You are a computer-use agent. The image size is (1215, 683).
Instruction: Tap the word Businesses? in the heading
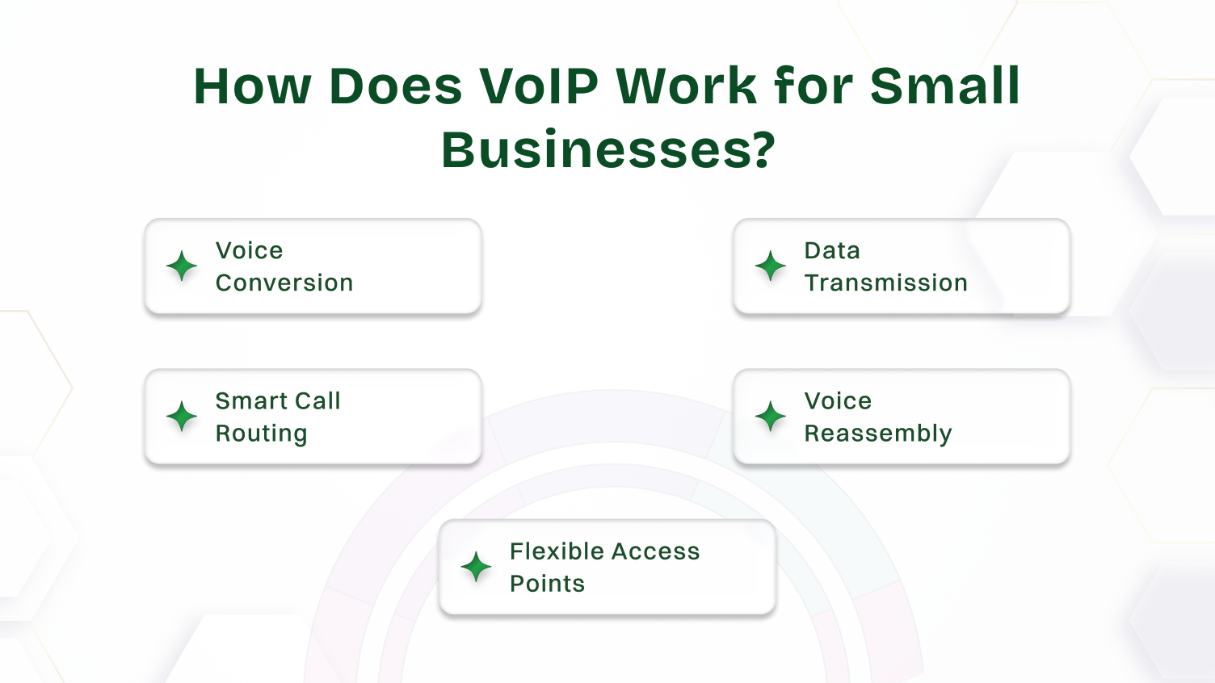point(607,150)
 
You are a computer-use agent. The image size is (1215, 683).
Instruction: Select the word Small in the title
point(944,86)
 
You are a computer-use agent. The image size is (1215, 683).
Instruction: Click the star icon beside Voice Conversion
point(182,266)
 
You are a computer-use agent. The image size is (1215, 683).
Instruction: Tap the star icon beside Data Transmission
point(771,266)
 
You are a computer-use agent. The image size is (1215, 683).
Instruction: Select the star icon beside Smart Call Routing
point(182,417)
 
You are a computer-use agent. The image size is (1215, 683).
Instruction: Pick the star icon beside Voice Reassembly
point(771,417)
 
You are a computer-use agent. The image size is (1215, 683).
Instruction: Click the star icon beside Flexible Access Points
point(476,567)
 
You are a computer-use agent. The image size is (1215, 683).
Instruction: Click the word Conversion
point(284,283)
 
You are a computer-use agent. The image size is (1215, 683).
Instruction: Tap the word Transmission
point(885,283)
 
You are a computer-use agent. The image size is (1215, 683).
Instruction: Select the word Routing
point(261,434)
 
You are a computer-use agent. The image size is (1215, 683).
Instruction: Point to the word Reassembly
point(878,434)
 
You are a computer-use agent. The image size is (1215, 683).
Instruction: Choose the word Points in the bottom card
point(547,584)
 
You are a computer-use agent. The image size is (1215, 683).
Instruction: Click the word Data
point(832,251)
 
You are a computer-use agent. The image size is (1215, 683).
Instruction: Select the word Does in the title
point(396,86)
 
